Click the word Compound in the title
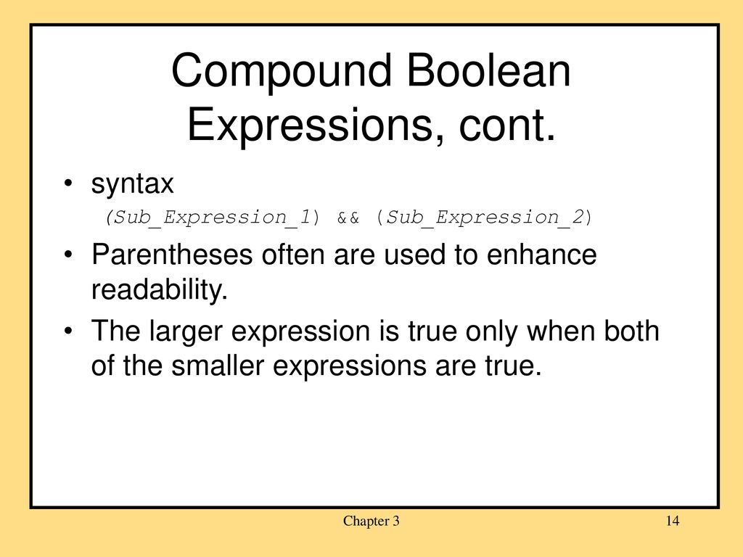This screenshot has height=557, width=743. (282, 71)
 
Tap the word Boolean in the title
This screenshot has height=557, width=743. (488, 70)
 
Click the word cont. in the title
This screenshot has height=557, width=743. (506, 125)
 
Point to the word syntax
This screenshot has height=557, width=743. (133, 183)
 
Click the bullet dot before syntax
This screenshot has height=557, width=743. (68, 183)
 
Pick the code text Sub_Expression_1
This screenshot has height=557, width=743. (213, 218)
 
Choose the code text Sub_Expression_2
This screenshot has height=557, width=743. (485, 218)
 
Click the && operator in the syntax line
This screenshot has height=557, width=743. (348, 218)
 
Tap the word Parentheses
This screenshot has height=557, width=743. (171, 255)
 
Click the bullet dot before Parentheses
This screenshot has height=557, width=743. (68, 255)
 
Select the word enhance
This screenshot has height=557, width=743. (541, 255)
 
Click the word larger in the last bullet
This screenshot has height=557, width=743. (186, 331)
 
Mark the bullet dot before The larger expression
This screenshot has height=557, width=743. (68, 330)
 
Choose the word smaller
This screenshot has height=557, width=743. (218, 366)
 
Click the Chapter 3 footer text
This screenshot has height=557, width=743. (371, 521)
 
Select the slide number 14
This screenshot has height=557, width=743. (673, 521)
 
